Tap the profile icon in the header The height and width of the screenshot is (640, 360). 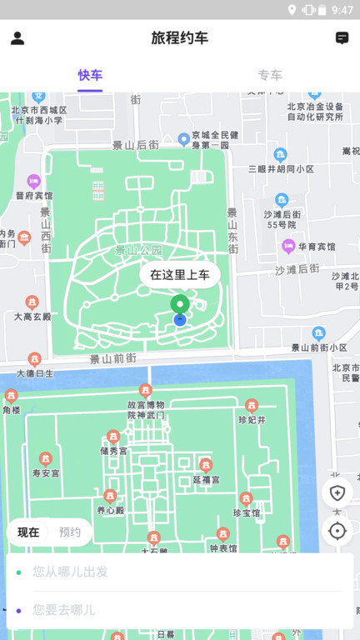pyautogui.click(x=17, y=38)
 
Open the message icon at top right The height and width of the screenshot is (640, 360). pyautogui.click(x=342, y=38)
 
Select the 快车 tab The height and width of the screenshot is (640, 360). pyautogui.click(x=90, y=76)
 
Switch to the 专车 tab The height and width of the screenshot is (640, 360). pyautogui.click(x=270, y=76)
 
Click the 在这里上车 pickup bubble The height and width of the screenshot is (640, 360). pyautogui.click(x=180, y=275)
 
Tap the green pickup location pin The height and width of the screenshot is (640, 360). pyautogui.click(x=179, y=306)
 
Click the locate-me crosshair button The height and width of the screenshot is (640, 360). pyautogui.click(x=337, y=531)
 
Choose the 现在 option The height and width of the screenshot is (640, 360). pyautogui.click(x=28, y=532)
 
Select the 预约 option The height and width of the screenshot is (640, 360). pyautogui.click(x=70, y=532)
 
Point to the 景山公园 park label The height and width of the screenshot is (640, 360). pyautogui.click(x=138, y=250)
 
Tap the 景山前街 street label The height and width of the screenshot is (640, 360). pyautogui.click(x=113, y=359)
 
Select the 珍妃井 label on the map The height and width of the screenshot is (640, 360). pyautogui.click(x=251, y=419)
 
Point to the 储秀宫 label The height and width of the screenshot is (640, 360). pyautogui.click(x=113, y=451)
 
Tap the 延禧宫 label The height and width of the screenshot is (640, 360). pyautogui.click(x=206, y=479)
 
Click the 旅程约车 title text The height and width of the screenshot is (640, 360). pyautogui.click(x=180, y=38)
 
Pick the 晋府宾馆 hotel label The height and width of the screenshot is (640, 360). pyautogui.click(x=33, y=195)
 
